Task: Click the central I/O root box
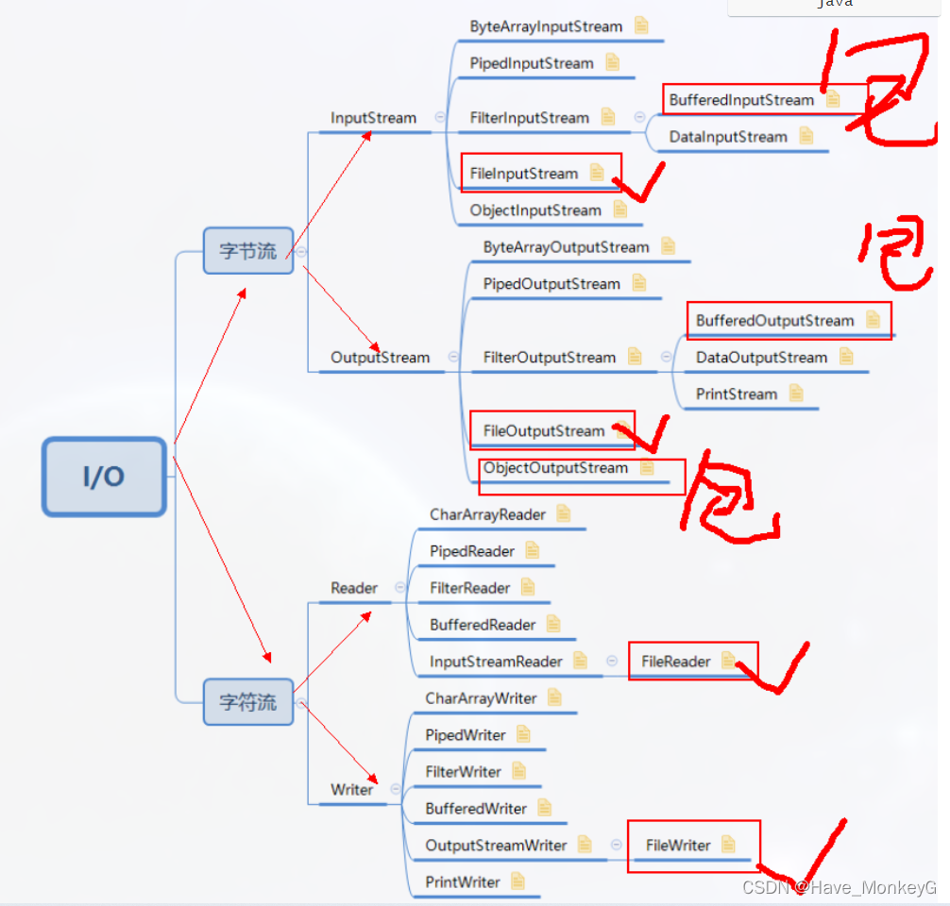(x=104, y=477)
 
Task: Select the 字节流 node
(x=248, y=251)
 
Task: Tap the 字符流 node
(x=248, y=702)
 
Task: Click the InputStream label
(x=373, y=118)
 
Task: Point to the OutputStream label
(x=380, y=358)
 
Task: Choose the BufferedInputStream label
(x=741, y=100)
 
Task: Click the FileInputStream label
(x=524, y=174)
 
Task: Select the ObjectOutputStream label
(x=555, y=468)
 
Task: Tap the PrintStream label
(x=737, y=394)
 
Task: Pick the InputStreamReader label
(x=496, y=662)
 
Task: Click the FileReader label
(x=675, y=662)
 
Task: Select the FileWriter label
(x=678, y=846)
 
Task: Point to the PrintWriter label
(x=463, y=882)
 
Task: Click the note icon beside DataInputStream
(x=806, y=137)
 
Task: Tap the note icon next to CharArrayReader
(x=564, y=514)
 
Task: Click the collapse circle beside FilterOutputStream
(x=666, y=358)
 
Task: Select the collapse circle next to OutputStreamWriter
(x=616, y=846)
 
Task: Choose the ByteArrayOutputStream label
(x=566, y=247)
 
